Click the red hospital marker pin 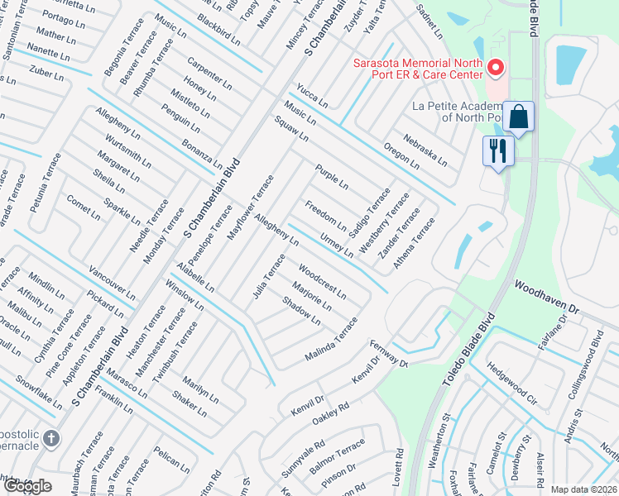point(495,67)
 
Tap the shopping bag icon point(519,117)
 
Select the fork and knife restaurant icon point(498,151)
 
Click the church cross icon point(50,438)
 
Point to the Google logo point(28,486)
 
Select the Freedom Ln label point(325,215)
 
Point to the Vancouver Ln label point(112,284)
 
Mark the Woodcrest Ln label point(322,283)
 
